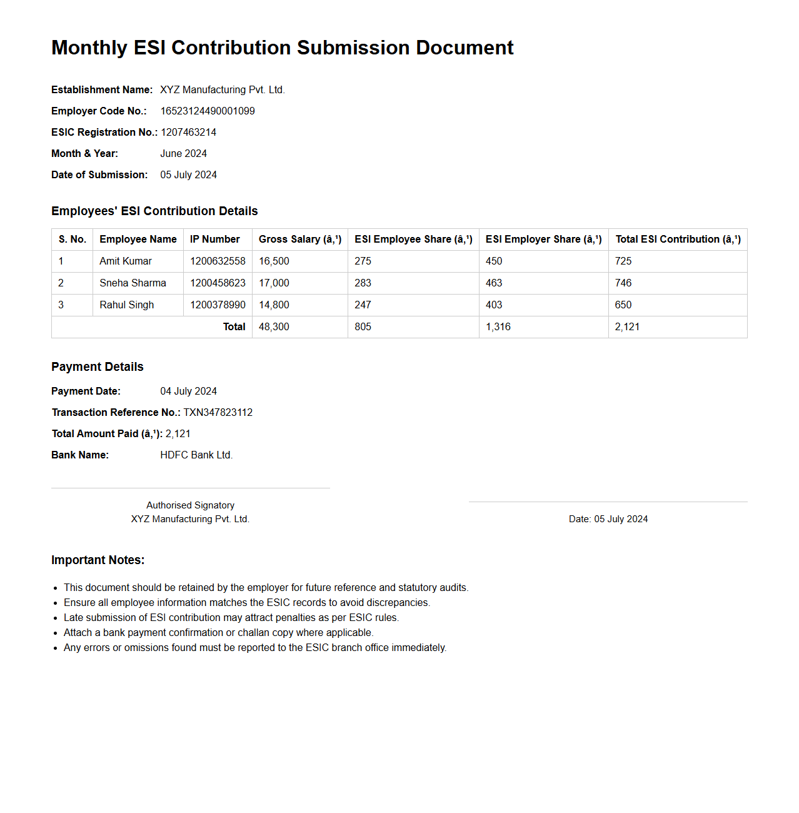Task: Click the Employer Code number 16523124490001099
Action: [x=208, y=111]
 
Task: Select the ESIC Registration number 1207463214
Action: [x=189, y=133]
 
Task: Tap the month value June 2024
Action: [x=183, y=154]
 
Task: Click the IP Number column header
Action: [x=214, y=240]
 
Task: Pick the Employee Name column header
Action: [x=138, y=240]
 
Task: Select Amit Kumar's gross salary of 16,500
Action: [x=274, y=261]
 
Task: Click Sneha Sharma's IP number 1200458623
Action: [x=218, y=283]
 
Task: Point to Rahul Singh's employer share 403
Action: [x=494, y=305]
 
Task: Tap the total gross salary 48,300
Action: [x=274, y=327]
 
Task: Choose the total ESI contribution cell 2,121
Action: [x=627, y=327]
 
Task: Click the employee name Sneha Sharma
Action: [x=133, y=283]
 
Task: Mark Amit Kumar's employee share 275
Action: [x=363, y=261]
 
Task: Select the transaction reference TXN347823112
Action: [x=218, y=413]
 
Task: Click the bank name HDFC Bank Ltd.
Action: [x=196, y=455]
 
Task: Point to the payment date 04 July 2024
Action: [x=188, y=391]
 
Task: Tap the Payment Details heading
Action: [x=98, y=367]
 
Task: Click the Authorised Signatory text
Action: [x=190, y=505]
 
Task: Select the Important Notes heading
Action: [x=98, y=560]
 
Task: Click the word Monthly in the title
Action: [x=89, y=48]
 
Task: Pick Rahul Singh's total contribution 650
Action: [x=623, y=305]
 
